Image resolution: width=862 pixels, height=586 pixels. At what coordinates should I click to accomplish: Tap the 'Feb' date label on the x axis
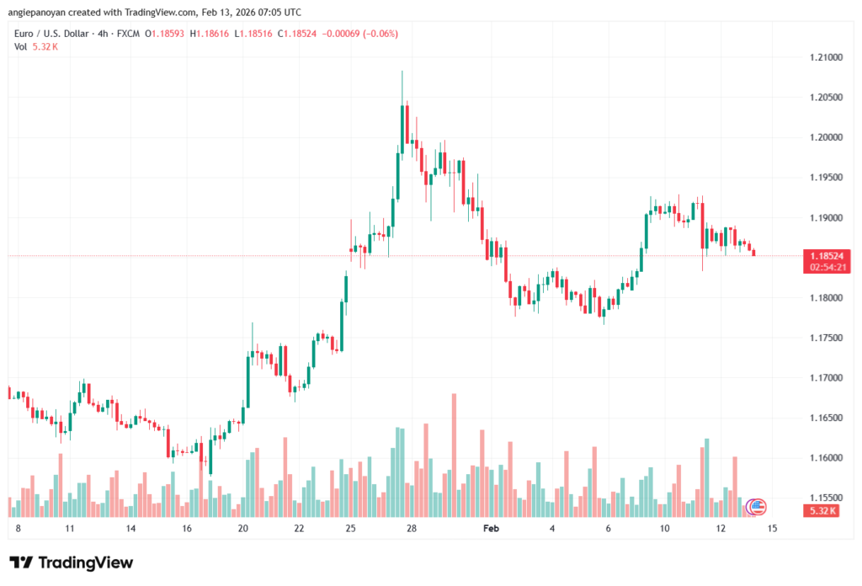click(x=491, y=529)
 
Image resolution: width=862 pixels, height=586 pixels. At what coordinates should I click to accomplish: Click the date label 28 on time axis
click(x=411, y=529)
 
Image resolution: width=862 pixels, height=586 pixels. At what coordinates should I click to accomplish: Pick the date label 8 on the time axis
click(x=19, y=529)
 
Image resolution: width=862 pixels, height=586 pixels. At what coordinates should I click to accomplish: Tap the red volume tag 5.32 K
click(x=821, y=511)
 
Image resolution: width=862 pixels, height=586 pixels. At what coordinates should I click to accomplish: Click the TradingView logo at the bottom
click(x=72, y=562)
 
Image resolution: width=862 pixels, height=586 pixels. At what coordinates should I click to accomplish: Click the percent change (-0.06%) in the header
click(x=380, y=34)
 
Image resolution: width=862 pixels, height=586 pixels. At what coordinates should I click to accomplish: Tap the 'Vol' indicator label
click(x=21, y=46)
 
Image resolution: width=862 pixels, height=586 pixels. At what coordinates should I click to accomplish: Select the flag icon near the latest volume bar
click(x=757, y=507)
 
